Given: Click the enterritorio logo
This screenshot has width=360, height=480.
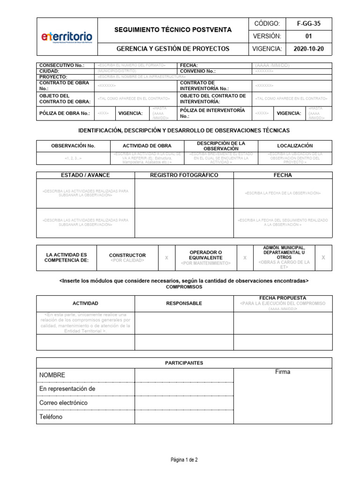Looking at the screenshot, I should (x=67, y=37).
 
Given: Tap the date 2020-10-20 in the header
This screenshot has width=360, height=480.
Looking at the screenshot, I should (x=308, y=48).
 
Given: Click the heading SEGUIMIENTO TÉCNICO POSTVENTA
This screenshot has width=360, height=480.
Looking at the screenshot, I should (x=173, y=30).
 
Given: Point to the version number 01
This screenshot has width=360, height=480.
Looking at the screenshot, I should (x=308, y=36).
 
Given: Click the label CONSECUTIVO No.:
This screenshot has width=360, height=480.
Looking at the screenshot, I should (x=62, y=65).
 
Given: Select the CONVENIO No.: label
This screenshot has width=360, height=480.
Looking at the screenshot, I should (x=198, y=71).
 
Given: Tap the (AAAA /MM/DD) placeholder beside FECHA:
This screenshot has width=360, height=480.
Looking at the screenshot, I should (x=272, y=65).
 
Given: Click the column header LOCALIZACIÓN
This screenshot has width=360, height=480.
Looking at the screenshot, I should (x=295, y=146).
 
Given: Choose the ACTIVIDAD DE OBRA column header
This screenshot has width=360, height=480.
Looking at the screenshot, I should (x=147, y=146).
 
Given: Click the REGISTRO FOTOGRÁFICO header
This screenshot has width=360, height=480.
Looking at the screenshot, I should (x=184, y=175).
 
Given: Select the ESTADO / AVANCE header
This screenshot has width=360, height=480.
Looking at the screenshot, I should (x=85, y=175).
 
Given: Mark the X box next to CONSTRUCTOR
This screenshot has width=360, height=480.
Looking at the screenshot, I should (x=166, y=258).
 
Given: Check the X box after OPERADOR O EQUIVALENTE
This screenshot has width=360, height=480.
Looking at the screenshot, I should (x=245, y=258).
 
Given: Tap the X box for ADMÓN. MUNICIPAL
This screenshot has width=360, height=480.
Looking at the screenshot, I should (x=323, y=258).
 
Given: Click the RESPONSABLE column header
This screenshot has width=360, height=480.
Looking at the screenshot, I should (x=184, y=303).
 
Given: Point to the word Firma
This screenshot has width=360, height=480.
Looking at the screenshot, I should (x=283, y=372).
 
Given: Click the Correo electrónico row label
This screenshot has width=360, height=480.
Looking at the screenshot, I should (x=63, y=403).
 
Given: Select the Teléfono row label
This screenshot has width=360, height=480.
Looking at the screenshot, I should (x=51, y=417).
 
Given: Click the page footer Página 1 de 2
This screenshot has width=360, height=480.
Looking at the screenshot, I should (x=184, y=460).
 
